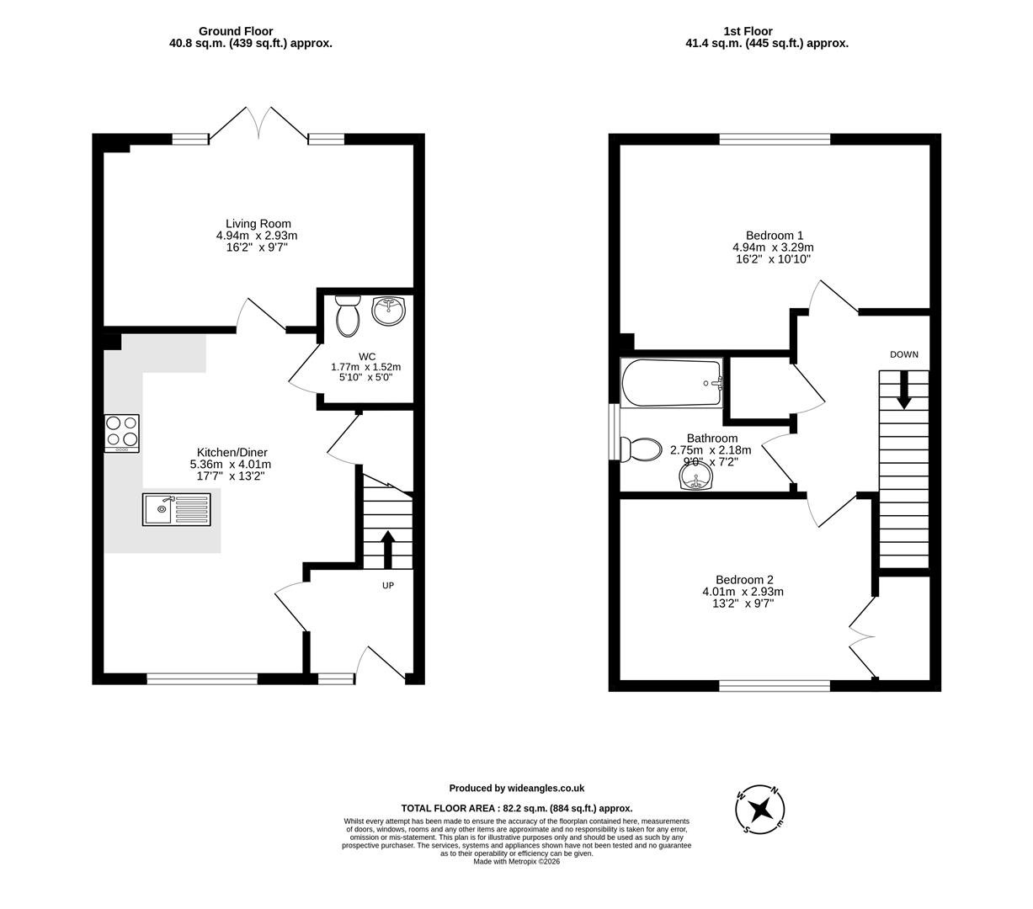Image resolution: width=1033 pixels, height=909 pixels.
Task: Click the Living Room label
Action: point(258,224)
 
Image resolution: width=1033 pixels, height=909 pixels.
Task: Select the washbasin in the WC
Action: point(388,311)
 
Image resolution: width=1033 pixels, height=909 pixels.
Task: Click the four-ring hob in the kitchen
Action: point(122,433)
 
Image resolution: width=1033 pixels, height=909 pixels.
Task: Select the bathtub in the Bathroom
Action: point(672,384)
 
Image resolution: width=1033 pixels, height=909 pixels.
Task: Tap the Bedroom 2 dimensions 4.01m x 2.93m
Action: point(743,592)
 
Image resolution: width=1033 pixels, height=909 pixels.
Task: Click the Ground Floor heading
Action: point(236,31)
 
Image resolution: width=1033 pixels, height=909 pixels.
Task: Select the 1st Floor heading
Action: point(748,31)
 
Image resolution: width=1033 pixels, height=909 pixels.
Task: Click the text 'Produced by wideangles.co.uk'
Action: point(516,789)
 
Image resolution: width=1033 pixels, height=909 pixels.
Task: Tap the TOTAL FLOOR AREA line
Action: point(516,808)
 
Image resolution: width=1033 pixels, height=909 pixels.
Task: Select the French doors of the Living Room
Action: point(258,123)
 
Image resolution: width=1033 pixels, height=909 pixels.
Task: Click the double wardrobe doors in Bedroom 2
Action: point(862,631)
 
